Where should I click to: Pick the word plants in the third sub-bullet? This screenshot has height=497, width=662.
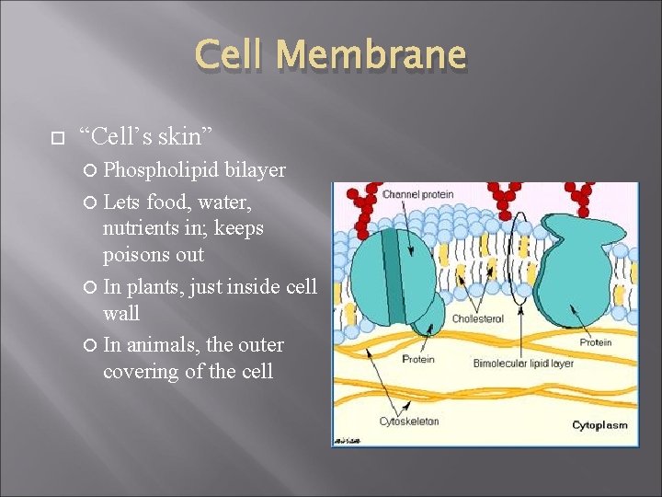(154, 286)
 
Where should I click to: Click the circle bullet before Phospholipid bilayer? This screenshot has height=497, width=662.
(92, 171)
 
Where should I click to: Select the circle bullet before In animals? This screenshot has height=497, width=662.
(92, 346)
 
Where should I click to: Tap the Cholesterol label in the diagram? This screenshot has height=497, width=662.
(477, 318)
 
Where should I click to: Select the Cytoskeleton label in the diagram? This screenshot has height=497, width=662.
(410, 422)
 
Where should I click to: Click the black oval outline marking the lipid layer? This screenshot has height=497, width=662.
(521, 258)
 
